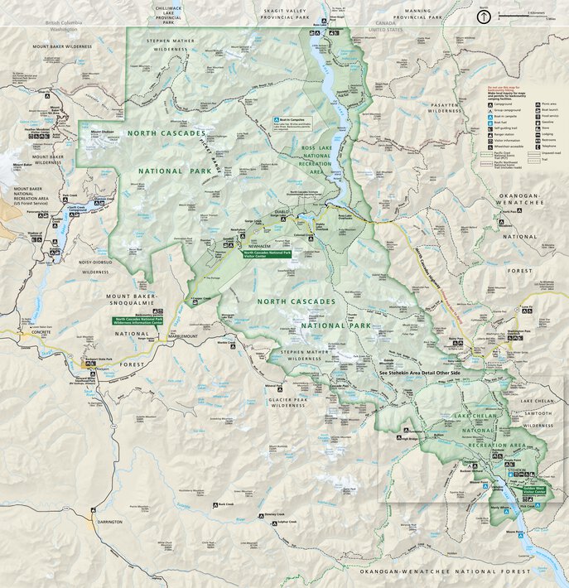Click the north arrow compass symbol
point(483,15)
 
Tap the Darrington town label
point(109,522)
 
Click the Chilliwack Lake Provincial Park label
point(168,14)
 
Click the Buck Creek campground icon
point(215,505)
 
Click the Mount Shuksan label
point(101,131)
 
